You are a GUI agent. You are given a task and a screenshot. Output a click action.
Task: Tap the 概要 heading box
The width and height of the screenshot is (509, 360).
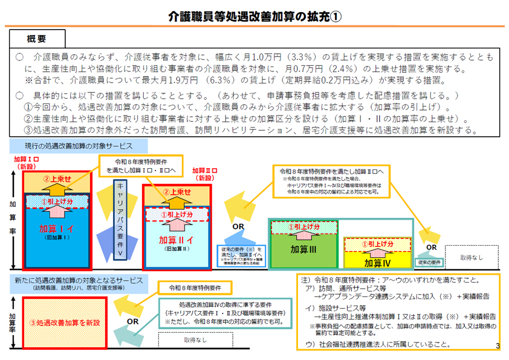point(37,39)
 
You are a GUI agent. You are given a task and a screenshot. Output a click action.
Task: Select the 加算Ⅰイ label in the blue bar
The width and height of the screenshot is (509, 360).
point(56,230)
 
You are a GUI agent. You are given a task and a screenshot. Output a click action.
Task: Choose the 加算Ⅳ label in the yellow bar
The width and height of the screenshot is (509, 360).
point(378,263)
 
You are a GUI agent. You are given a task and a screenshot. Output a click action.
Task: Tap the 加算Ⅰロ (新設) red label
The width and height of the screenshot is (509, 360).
point(27,162)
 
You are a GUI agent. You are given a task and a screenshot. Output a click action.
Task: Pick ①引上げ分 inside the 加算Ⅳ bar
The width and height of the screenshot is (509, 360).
point(377,244)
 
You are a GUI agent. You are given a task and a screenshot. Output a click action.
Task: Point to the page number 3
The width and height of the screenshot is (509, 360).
point(497,345)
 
